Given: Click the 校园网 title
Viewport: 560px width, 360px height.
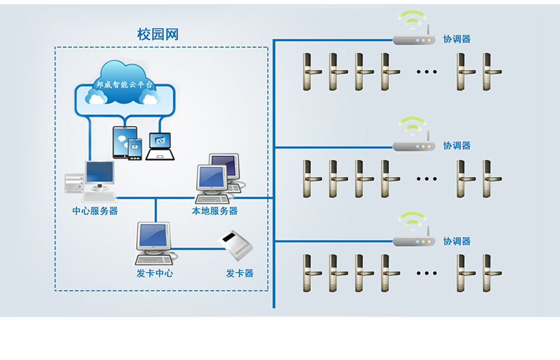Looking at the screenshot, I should (x=157, y=35).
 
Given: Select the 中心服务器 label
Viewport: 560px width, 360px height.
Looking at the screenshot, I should (x=95, y=211).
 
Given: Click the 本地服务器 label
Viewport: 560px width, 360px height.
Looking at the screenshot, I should (x=215, y=211).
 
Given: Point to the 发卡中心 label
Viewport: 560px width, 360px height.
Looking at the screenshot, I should (x=154, y=273).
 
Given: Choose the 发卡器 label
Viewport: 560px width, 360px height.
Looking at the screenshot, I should (x=239, y=273).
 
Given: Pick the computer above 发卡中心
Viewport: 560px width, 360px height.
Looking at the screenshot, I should (x=154, y=242).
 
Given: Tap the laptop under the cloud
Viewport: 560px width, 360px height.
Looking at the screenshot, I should (x=160, y=146).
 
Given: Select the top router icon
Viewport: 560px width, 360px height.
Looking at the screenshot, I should (x=414, y=40).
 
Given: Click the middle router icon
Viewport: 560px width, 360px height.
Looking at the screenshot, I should (x=414, y=146).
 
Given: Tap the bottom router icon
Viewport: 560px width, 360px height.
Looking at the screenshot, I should (x=414, y=241).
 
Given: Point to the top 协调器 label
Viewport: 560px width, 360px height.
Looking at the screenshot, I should (x=457, y=39).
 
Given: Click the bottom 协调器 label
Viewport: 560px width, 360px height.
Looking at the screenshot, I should (x=457, y=242).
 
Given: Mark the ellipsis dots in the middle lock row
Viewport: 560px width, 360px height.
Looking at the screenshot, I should (x=426, y=178).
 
